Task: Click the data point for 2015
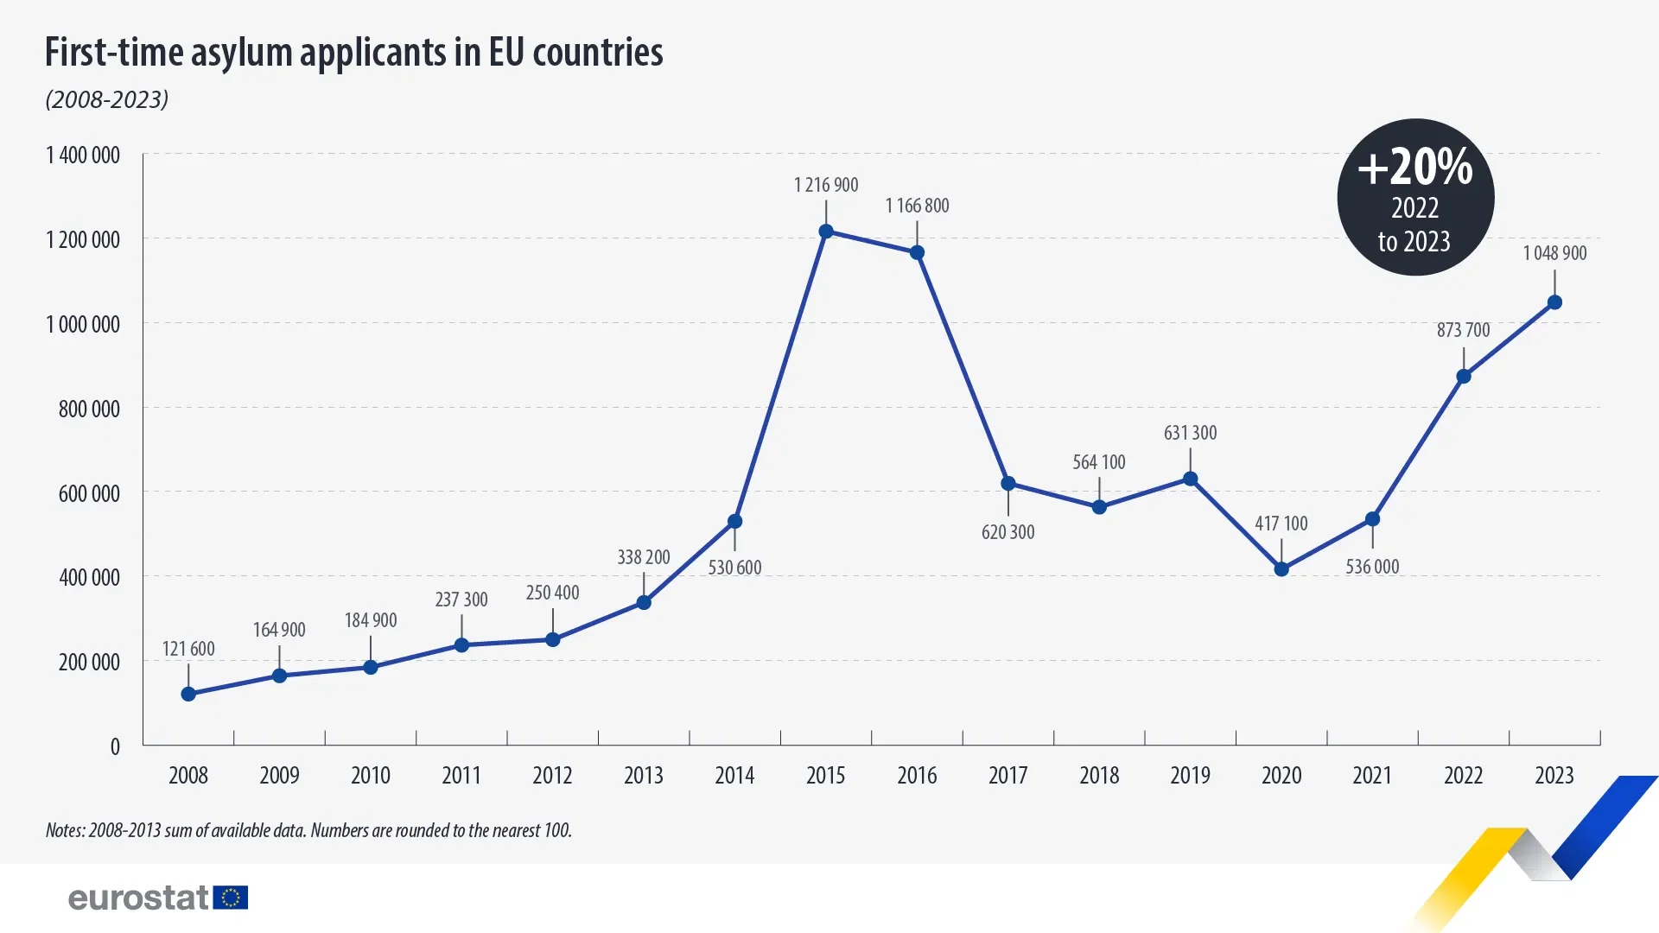pos(825,232)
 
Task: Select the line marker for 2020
pos(1281,569)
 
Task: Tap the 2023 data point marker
pos(1554,302)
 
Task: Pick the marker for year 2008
pos(188,694)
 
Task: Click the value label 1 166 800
pos(917,206)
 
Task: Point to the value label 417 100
pos(1281,524)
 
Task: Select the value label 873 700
pos(1463,330)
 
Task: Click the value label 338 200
pos(643,557)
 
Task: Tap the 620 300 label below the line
pos(1007,532)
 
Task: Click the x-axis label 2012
pos(552,775)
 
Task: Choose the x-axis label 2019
pos(1190,775)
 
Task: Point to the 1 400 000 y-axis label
pos(83,155)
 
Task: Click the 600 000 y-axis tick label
pos(89,493)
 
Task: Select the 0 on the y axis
pos(115,746)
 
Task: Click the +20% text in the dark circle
pos(1414,167)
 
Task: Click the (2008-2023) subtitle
pos(107,99)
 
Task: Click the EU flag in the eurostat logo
pos(231,898)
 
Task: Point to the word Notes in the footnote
pos(65,830)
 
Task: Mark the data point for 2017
pos(1007,483)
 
